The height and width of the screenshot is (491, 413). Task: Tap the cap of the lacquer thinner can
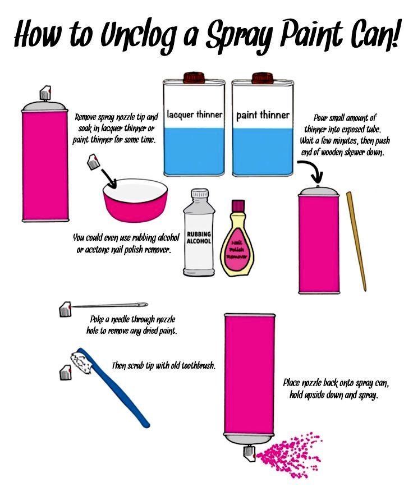click(194, 77)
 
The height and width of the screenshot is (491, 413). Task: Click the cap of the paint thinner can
click(263, 77)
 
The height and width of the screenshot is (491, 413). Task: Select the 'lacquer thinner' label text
click(195, 114)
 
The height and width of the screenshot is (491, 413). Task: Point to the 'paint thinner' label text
click(263, 115)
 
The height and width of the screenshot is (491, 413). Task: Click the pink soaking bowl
click(135, 200)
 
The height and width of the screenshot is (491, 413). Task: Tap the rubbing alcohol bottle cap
click(199, 194)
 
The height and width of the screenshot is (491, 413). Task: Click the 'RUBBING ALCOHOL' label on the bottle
click(199, 238)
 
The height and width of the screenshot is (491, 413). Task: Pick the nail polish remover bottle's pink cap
click(238, 206)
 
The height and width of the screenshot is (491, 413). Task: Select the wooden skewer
click(356, 241)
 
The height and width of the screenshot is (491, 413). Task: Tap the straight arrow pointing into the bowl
click(109, 179)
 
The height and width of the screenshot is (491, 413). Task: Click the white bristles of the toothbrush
click(81, 363)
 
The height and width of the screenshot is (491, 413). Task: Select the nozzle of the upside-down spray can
click(250, 453)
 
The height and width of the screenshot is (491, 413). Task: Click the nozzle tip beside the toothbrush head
click(66, 373)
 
